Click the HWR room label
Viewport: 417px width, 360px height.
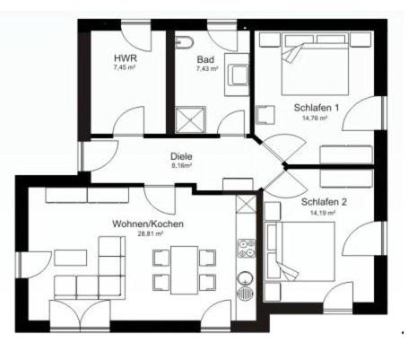point(126,57)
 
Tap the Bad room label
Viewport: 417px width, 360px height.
point(205,58)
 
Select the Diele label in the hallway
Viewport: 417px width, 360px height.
point(181,156)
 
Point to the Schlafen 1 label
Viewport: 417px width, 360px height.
point(317,108)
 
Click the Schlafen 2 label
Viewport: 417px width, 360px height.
point(324,202)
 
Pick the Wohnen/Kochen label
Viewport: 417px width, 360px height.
point(148,224)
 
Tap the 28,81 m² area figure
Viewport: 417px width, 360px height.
point(150,234)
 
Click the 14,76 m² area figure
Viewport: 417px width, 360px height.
point(315,119)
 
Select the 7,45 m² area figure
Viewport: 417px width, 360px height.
point(124,67)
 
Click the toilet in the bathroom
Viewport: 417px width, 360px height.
point(184,42)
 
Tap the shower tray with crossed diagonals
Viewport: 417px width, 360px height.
point(190,119)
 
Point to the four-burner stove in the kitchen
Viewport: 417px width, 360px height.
point(247,249)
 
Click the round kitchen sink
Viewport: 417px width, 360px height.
point(246,278)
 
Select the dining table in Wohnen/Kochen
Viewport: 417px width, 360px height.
point(184,270)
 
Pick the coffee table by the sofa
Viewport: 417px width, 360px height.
point(71,258)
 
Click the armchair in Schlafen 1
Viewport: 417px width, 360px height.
point(265,115)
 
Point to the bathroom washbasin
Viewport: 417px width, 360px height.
point(237,75)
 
